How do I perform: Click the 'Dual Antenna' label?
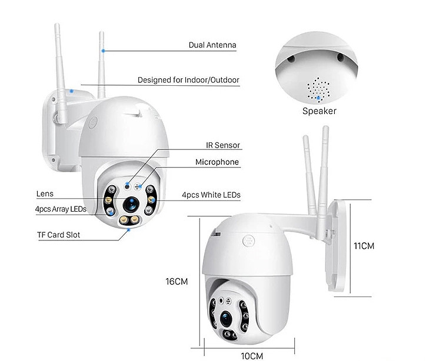click(x=212, y=45)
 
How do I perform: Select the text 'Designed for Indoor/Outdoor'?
click(x=188, y=80)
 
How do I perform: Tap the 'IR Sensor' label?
click(x=223, y=145)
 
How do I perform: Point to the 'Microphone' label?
click(x=217, y=162)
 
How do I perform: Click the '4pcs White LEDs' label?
click(x=211, y=195)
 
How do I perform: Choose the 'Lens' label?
click(x=45, y=194)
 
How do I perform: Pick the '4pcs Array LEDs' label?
click(x=61, y=209)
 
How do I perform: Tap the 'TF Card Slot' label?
click(x=59, y=235)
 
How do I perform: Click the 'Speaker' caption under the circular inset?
click(x=319, y=111)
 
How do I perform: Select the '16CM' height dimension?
click(x=177, y=282)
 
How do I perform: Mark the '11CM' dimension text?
click(x=364, y=246)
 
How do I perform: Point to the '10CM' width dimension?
click(x=252, y=356)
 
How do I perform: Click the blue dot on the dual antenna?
click(x=103, y=51)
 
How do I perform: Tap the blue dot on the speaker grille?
click(x=318, y=98)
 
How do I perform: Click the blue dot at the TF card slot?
click(x=129, y=230)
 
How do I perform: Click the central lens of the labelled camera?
click(x=131, y=204)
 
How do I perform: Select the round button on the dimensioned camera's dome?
click(x=248, y=241)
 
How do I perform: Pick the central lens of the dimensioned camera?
click(x=226, y=319)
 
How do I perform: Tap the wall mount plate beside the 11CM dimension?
click(x=337, y=246)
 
